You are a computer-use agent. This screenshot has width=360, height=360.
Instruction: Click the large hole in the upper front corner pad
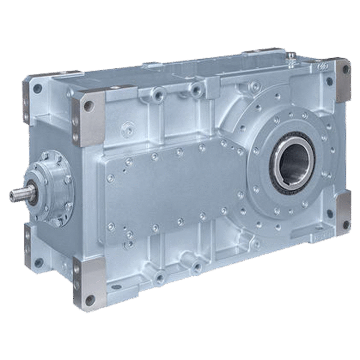pyautogui.click(x=88, y=106)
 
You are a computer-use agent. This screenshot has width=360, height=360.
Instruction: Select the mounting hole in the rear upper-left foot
pyautogui.click(x=37, y=88)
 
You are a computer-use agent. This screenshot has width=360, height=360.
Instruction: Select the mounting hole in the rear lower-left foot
pyautogui.click(x=39, y=262)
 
